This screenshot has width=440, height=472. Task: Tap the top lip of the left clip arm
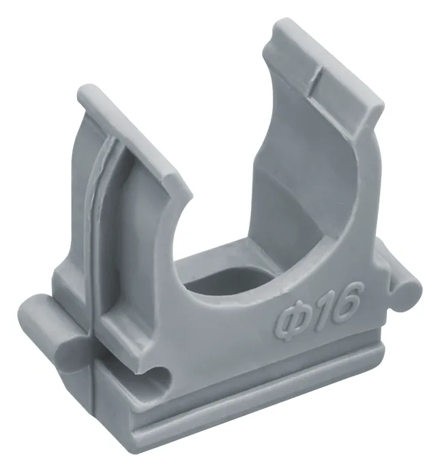tap(132, 135)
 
